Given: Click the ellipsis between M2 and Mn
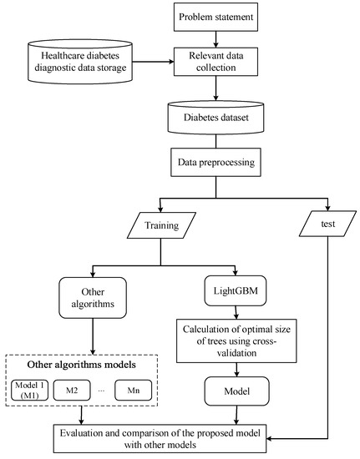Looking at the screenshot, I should [x=101, y=389].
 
